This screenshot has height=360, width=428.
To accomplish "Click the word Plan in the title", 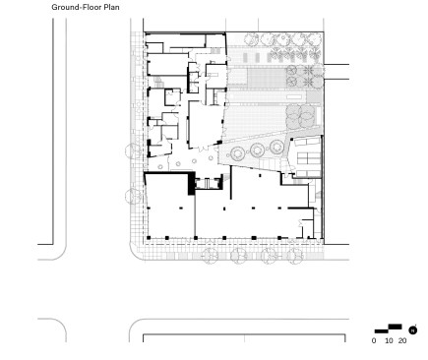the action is pyautogui.click(x=112, y=7).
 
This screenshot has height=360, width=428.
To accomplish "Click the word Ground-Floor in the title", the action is pyautogui.click(x=77, y=7).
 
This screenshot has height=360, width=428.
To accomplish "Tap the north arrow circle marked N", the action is pyautogui.click(x=413, y=330).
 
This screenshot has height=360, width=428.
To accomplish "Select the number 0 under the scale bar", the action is pyautogui.click(x=374, y=340).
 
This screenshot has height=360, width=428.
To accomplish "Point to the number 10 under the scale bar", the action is pyautogui.click(x=389, y=340).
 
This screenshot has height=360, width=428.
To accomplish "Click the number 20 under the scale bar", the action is pyautogui.click(x=402, y=340).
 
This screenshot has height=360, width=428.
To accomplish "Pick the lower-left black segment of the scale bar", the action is pyautogui.click(x=382, y=331).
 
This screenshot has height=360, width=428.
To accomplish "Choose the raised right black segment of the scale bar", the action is pyautogui.click(x=395, y=327).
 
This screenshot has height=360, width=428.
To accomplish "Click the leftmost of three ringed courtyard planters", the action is pyautogui.click(x=238, y=153).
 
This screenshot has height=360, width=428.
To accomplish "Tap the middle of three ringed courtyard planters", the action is pyautogui.click(x=258, y=150).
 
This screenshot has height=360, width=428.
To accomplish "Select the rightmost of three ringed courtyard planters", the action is pyautogui.click(x=277, y=147).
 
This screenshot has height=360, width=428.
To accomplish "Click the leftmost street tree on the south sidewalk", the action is pyautogui.click(x=210, y=256).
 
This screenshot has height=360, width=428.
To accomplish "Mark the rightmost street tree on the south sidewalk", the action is pyautogui.click(x=295, y=256).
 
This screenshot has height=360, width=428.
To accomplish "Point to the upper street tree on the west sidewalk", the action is pyautogui.click(x=134, y=151).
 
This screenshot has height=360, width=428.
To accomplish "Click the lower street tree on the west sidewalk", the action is pyautogui.click(x=134, y=197).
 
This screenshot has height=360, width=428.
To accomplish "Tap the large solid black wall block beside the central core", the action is pyautogui.click(x=191, y=184).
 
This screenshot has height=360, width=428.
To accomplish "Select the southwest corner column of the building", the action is pyautogui.click(x=149, y=238).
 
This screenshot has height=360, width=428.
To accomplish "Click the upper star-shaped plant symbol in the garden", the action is pyautogui.click(x=308, y=70).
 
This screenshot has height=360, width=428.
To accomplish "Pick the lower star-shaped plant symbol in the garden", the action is pyautogui.click(x=308, y=81).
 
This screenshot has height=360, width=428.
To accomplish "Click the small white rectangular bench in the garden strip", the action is pyautogui.click(x=294, y=97).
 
